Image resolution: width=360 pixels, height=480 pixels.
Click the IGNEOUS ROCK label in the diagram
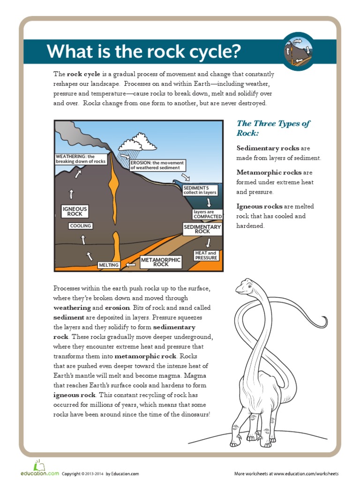75,211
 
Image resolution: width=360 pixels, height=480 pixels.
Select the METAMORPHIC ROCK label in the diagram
161,262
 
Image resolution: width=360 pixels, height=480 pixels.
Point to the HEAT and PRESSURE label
206,255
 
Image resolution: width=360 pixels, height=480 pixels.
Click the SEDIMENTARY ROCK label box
202,229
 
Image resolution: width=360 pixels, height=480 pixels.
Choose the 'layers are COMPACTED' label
207,214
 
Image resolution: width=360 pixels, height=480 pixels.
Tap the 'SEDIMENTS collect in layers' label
200,190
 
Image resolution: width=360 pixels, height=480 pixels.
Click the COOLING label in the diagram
81,226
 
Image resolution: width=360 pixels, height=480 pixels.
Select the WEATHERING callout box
81,159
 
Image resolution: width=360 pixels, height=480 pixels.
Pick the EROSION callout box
157,165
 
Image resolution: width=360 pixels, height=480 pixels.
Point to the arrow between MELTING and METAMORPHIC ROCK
131,265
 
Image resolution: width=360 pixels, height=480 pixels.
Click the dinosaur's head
244,285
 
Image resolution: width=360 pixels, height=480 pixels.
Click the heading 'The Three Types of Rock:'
273,128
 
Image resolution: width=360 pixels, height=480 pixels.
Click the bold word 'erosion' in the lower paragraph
117,307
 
